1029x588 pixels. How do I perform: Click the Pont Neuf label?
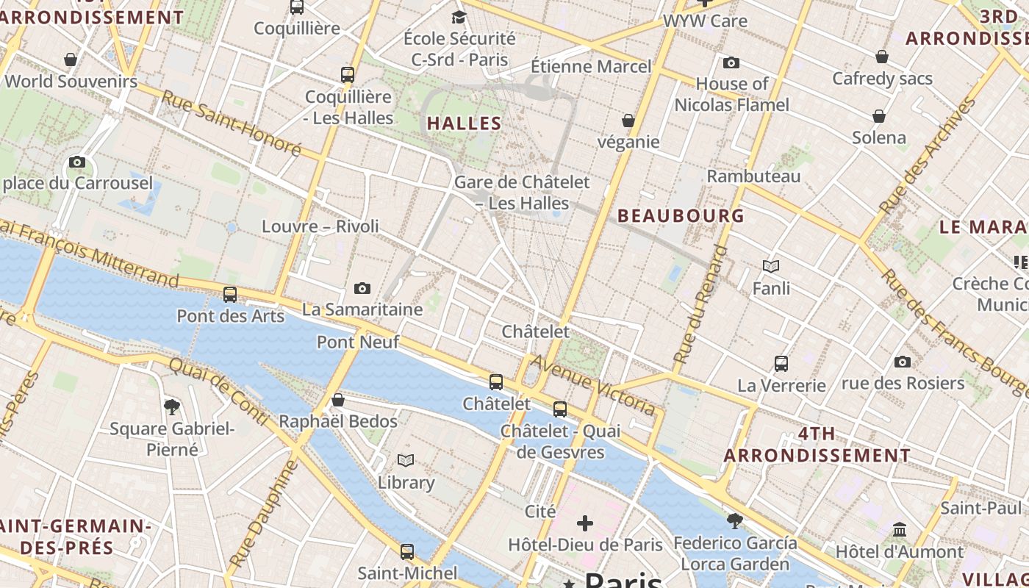358,342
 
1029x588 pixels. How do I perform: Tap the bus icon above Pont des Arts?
230,295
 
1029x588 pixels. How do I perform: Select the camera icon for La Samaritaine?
362,289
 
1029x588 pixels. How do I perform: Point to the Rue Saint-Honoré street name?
231,123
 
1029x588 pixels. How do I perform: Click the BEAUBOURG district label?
681,215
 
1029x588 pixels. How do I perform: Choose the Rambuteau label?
753,176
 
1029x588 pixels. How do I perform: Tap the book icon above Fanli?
771,266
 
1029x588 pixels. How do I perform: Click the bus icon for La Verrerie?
781,363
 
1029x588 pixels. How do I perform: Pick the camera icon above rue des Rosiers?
903,362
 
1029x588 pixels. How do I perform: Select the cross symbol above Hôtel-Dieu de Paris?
585,523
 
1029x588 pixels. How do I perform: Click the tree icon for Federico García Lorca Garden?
734,521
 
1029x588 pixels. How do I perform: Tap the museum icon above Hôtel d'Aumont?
900,529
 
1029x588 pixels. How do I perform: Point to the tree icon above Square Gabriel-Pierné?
172,406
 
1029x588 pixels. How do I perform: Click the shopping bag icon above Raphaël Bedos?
338,400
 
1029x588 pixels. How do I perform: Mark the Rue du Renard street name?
700,304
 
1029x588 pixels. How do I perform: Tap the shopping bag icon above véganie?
628,120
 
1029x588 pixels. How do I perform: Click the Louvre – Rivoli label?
320,226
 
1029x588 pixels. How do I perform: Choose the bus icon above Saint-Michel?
407,551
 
